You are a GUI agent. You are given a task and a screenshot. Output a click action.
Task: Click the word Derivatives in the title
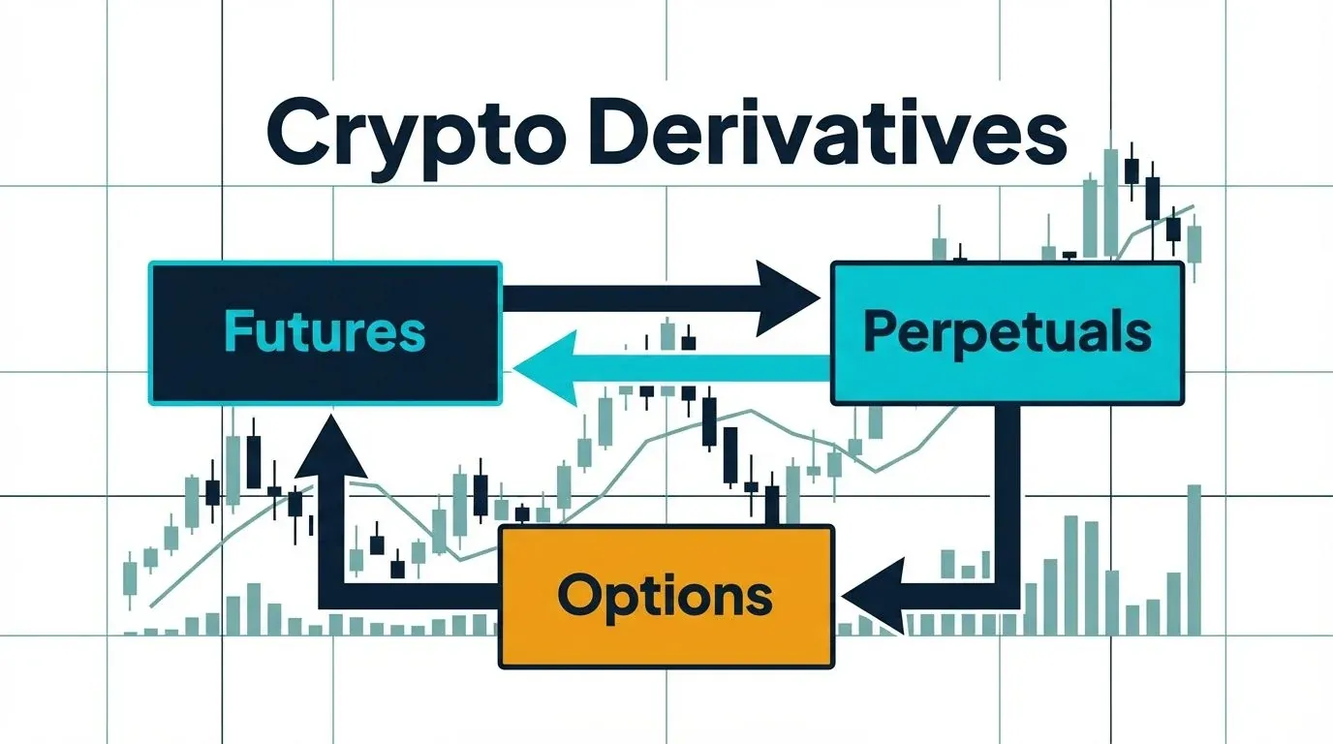tap(826, 135)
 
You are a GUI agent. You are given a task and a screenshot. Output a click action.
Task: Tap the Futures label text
tap(325, 332)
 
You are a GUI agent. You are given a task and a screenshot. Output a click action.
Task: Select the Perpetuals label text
tap(1007, 333)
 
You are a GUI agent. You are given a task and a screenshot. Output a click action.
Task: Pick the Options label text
tap(666, 597)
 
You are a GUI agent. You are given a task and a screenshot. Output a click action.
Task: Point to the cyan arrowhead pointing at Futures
tap(544, 369)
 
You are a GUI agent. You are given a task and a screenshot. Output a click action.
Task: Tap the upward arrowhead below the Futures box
tap(331, 447)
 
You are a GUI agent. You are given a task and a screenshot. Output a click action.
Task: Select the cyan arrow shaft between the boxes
tap(703, 368)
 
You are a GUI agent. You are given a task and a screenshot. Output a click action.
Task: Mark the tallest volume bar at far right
tap(1193, 560)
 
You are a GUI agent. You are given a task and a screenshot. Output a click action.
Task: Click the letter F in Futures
tap(237, 331)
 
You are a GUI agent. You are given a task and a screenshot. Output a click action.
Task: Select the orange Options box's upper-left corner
tap(501, 527)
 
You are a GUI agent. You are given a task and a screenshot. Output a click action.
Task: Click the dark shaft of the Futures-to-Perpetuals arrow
tap(630, 297)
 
